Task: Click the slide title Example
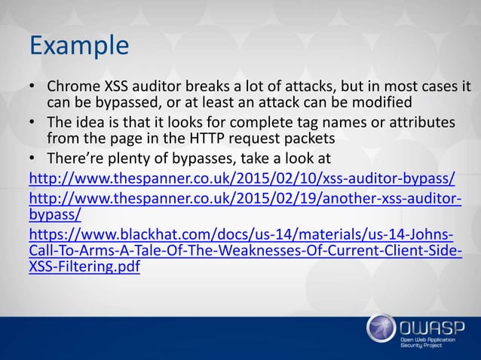tap(78, 44)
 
